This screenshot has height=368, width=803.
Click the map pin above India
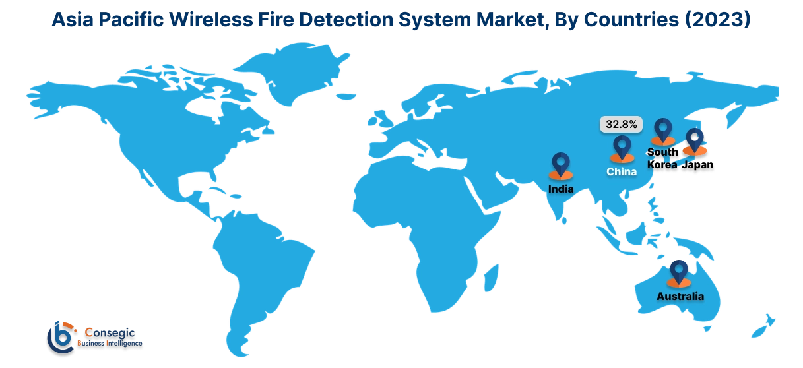click(561, 165)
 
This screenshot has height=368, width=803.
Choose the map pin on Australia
click(678, 272)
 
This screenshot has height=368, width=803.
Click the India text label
click(561, 189)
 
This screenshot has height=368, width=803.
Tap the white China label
click(622, 172)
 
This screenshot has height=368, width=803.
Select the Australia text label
click(680, 297)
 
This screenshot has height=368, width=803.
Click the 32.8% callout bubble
click(621, 124)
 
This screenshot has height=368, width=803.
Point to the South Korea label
click(660, 159)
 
